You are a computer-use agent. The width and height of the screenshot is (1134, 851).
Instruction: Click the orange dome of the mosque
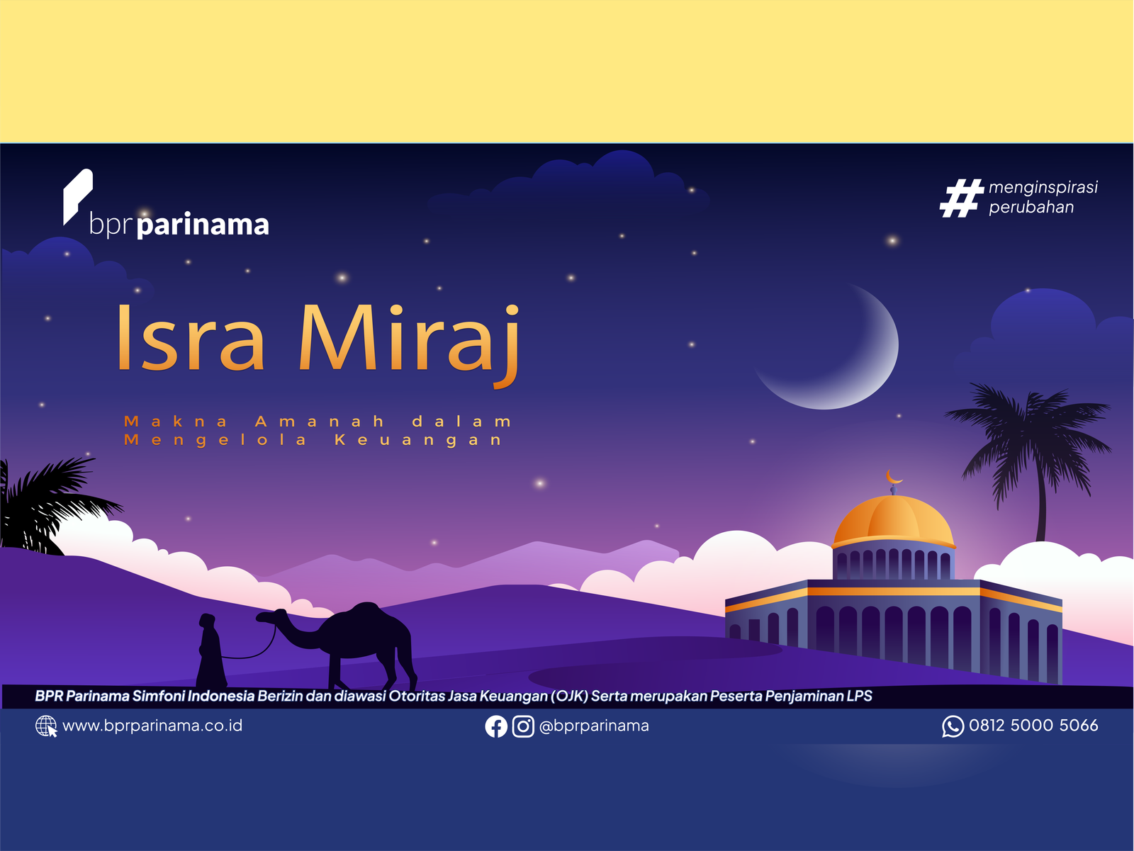[893, 522]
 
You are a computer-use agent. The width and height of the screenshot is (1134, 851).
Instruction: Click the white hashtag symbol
[961, 198]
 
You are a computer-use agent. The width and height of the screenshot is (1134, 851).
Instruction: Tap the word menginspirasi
[1043, 187]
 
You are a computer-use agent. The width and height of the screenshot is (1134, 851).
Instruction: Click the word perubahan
[1031, 207]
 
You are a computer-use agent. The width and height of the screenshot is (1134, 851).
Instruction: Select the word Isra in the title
[191, 337]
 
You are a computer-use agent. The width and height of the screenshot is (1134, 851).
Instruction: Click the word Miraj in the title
[409, 344]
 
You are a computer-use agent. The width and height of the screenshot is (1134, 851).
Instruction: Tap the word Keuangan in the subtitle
[418, 441]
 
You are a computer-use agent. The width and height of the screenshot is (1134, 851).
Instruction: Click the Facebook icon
[496, 726]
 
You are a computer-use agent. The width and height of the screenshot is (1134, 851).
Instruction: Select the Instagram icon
[523, 726]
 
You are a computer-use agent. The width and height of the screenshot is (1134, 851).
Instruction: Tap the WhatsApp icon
[953, 726]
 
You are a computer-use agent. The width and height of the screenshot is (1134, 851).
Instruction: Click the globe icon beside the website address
[46, 726]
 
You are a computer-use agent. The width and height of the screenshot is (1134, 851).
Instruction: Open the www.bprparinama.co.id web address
[152, 726]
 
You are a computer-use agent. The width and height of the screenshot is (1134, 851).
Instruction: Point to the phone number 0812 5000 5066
[1033, 726]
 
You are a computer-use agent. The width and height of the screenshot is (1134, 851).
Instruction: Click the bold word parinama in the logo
[203, 225]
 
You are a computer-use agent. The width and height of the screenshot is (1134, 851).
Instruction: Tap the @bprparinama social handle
[594, 726]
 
